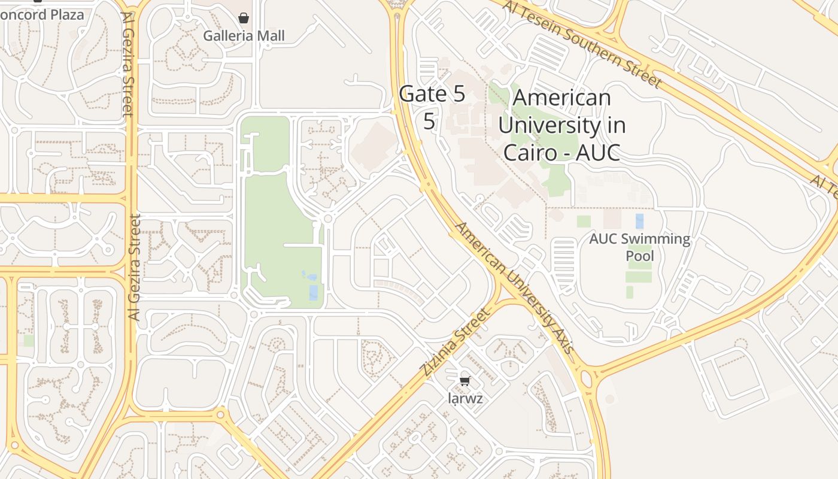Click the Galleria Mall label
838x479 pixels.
pos(244,36)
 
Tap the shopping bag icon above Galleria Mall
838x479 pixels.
pos(244,18)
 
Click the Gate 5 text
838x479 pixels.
pos(432,94)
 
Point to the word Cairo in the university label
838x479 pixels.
pos(533,152)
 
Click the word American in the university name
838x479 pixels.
pos(562,98)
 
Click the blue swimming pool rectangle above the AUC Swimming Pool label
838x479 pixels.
pos(639,221)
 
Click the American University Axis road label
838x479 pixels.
pos(515,287)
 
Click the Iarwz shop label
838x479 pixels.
pos(465,398)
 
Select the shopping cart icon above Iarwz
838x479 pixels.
pos(465,381)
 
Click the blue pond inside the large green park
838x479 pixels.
pos(314,292)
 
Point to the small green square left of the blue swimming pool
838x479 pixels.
pos(584,221)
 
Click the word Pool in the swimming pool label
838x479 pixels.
pos(639,256)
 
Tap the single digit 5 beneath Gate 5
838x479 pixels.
pos(429,120)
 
